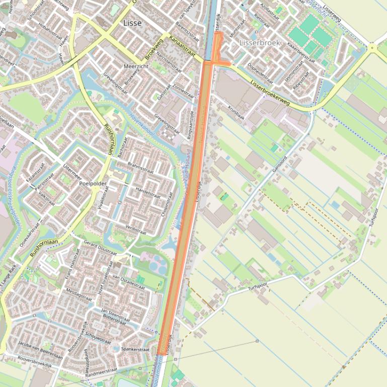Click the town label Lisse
pos(132,23)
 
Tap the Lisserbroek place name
pos(260,43)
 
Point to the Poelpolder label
pos(93,183)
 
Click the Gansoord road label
pos(279,163)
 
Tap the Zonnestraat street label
pos(183,90)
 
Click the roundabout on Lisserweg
pos(372,48)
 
